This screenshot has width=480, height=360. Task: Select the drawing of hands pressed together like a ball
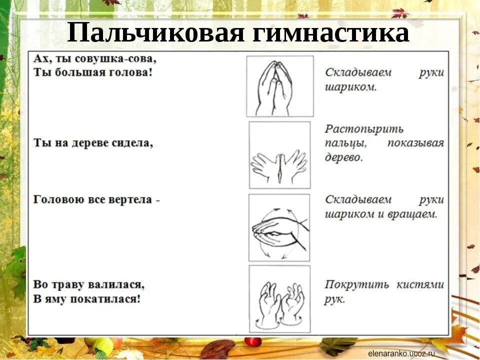280,86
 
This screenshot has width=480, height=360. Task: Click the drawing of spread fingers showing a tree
279,155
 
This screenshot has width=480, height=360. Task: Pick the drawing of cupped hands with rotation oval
279,227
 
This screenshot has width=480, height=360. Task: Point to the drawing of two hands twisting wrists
279,299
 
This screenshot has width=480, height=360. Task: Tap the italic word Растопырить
364,129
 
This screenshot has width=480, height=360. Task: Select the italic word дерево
343,157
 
